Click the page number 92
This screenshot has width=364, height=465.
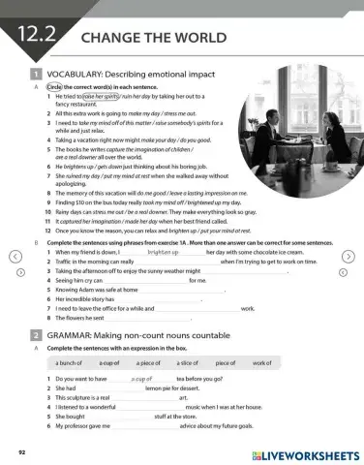click(x=22, y=452)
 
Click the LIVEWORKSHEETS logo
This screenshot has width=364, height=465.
click(x=304, y=452)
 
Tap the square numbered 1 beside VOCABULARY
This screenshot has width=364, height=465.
click(x=35, y=74)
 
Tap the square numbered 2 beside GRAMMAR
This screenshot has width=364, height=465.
click(x=35, y=333)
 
